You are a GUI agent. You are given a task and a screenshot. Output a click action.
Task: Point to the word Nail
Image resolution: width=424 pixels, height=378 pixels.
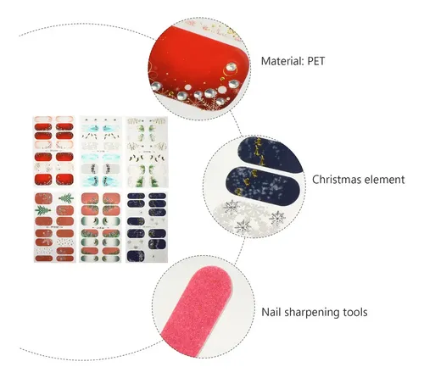(x=271, y=312)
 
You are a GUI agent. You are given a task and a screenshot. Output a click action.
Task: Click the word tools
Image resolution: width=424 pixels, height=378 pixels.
(x=355, y=312)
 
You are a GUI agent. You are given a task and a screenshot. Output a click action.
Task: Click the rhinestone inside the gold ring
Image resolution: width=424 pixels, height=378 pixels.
(x=231, y=67)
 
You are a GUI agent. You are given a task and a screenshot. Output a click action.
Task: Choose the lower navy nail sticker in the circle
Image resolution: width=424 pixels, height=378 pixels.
(x=262, y=186)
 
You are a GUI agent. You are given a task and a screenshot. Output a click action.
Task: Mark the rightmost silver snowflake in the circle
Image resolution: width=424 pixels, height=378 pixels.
(x=277, y=218)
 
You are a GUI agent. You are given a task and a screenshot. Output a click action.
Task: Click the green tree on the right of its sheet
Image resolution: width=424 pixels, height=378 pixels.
(x=66, y=198)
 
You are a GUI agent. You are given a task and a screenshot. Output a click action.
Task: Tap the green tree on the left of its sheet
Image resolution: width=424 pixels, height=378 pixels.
(x=43, y=210)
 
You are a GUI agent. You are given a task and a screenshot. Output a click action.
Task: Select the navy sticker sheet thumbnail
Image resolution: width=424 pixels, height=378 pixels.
(x=147, y=227)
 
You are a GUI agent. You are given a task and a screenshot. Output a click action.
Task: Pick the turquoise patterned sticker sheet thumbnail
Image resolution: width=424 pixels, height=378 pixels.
(x=101, y=152)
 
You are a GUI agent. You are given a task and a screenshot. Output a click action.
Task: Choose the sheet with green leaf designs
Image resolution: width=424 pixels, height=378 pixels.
(x=147, y=152)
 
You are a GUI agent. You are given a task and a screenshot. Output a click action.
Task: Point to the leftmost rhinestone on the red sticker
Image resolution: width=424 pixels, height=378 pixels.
(x=156, y=86)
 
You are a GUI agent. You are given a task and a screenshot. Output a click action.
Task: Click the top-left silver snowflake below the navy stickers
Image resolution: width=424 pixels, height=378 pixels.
(x=231, y=208)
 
